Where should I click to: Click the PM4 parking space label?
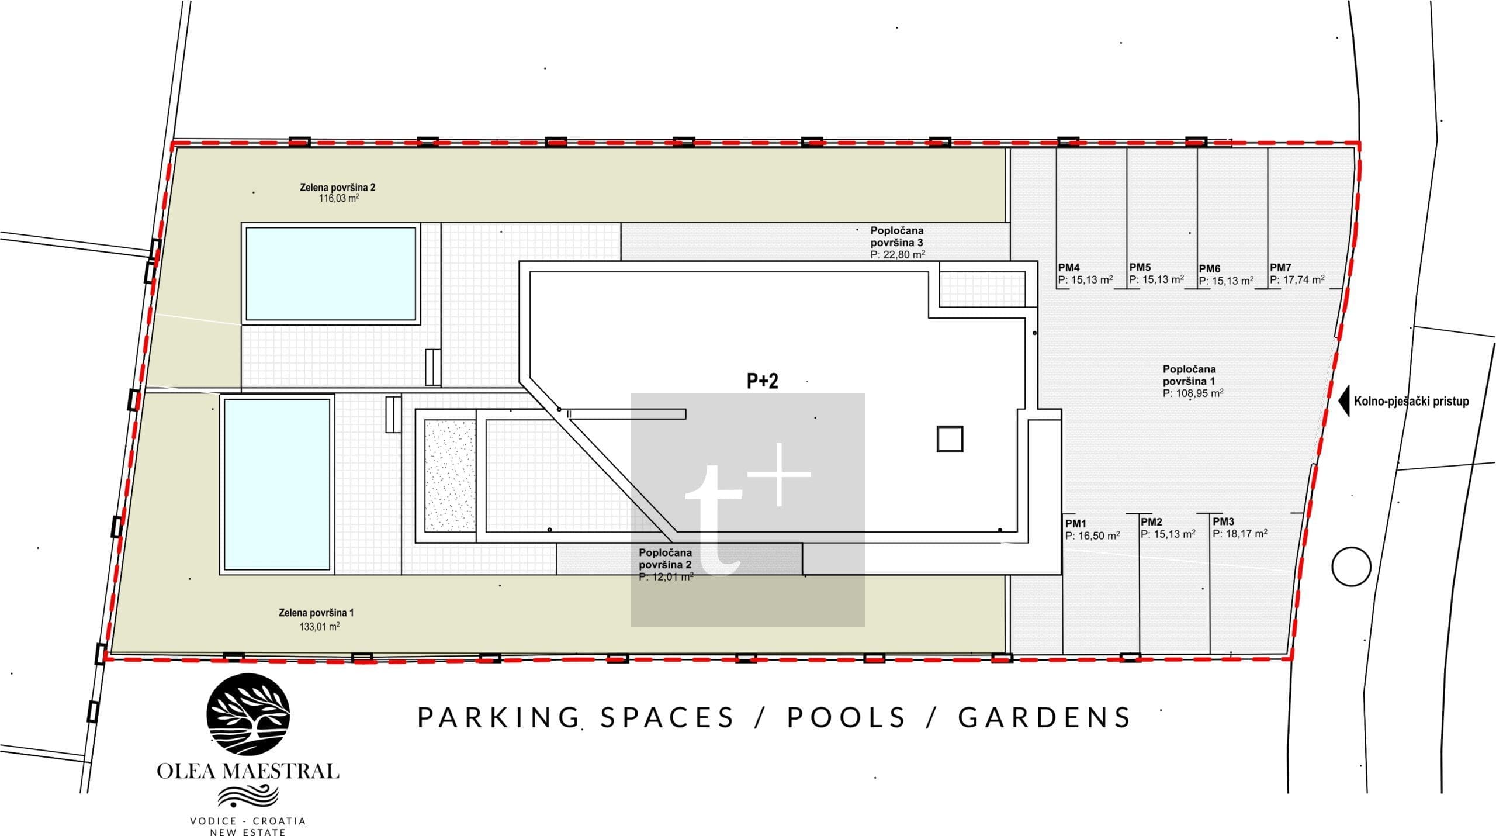pyautogui.click(x=1068, y=268)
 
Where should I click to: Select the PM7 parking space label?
pyautogui.click(x=1280, y=268)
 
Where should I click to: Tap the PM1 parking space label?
pyautogui.click(x=1075, y=524)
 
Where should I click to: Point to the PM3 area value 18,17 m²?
pyautogui.click(x=1240, y=534)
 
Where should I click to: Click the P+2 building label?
pyautogui.click(x=763, y=381)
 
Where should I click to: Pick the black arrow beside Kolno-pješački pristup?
pyautogui.click(x=1343, y=401)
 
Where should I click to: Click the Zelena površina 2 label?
pyautogui.click(x=337, y=188)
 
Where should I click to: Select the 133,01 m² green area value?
pyautogui.click(x=319, y=627)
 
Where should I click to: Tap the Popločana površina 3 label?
pyautogui.click(x=897, y=237)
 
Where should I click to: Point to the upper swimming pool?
pyautogui.click(x=331, y=274)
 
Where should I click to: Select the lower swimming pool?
pyautogui.click(x=277, y=483)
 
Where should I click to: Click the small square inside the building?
pyautogui.click(x=950, y=439)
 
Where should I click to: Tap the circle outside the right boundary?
pyautogui.click(x=1352, y=566)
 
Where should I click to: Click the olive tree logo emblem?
pyautogui.click(x=248, y=715)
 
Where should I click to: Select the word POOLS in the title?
pyautogui.click(x=847, y=718)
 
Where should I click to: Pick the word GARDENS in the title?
pyautogui.click(x=1045, y=718)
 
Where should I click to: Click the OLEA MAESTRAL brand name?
pyautogui.click(x=248, y=771)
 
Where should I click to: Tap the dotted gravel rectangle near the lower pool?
pyautogui.click(x=450, y=475)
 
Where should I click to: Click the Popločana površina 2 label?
pyautogui.click(x=665, y=559)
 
